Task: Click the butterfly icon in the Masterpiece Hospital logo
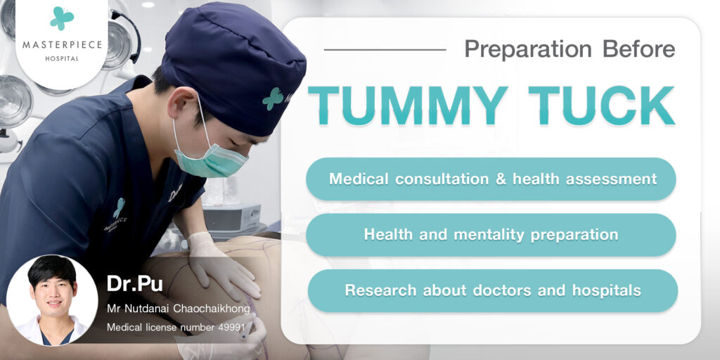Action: (62, 18)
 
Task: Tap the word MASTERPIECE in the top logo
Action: (62, 45)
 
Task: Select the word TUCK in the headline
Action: (602, 105)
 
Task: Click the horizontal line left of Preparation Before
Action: (385, 49)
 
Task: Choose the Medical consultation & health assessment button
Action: (491, 179)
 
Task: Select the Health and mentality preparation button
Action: (491, 235)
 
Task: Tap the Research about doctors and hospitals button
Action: (493, 290)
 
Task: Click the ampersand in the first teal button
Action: (500, 179)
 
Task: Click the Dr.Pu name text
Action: (134, 283)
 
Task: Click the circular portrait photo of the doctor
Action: (52, 300)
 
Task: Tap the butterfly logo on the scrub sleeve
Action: (119, 208)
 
